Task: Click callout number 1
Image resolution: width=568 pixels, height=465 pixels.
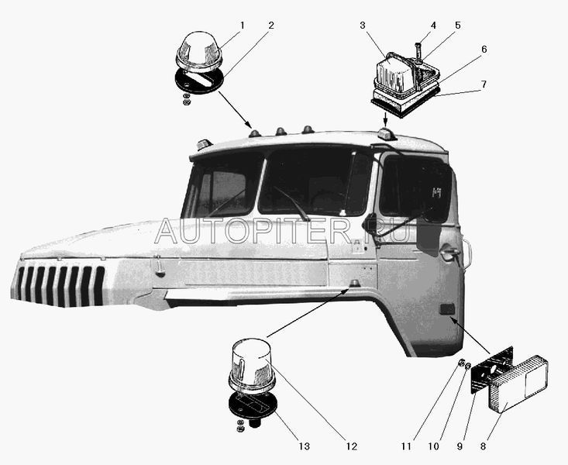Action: point(243,26)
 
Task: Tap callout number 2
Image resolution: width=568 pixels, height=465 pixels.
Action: point(271,26)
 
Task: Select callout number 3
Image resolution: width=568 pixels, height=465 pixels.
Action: point(363,26)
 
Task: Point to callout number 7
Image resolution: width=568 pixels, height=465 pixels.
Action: point(484,84)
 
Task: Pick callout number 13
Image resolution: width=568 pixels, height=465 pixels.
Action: point(305,446)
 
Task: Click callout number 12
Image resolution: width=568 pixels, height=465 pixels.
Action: point(351,446)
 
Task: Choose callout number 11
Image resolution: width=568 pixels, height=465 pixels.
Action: point(407,446)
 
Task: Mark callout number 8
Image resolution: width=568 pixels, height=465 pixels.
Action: point(483,446)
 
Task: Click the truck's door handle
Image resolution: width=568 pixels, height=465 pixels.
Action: point(449,252)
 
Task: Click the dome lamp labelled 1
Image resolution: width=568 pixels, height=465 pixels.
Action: point(199,53)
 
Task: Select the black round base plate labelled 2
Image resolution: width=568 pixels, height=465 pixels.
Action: point(199,81)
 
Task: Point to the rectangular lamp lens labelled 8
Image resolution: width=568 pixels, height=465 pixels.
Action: point(518,384)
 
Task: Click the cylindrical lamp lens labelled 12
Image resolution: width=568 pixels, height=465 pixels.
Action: point(252,365)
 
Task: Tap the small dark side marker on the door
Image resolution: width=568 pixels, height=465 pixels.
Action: point(447,309)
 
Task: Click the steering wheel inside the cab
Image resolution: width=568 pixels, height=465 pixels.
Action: point(326,198)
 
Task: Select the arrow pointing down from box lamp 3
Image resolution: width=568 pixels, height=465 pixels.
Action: point(385,120)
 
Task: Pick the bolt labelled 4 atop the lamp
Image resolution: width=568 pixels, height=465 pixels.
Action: point(418,50)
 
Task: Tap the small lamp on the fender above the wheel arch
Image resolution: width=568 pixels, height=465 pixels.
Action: point(355,283)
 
